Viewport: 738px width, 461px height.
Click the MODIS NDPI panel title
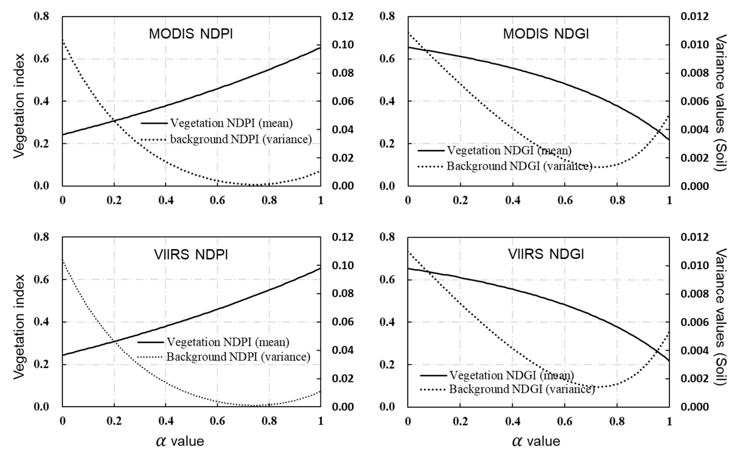[x=191, y=34]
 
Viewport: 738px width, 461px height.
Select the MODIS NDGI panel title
[x=546, y=34]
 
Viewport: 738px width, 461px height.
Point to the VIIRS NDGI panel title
[x=546, y=254]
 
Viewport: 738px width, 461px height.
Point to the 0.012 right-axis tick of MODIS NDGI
[x=694, y=16]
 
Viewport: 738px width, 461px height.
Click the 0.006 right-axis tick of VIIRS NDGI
[x=694, y=322]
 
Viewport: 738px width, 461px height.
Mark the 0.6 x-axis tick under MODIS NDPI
[x=217, y=200]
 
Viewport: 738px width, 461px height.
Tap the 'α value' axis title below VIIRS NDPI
[x=180, y=441]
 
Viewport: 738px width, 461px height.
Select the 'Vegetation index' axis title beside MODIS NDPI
[x=19, y=106]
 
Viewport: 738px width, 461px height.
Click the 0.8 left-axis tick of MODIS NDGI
[x=387, y=16]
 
